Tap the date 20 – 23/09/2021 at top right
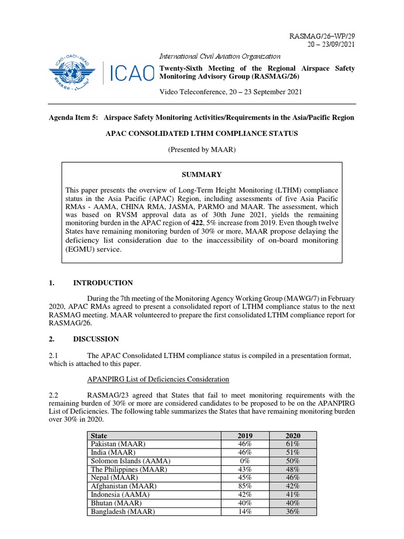click(330, 45)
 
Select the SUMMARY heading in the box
click(203, 175)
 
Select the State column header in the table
click(99, 436)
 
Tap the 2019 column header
click(245, 436)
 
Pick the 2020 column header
click(292, 436)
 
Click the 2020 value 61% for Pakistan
click(292, 444)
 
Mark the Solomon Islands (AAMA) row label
click(131, 461)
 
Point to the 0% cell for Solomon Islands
click(245, 461)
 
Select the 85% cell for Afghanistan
click(245, 486)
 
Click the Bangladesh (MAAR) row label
click(123, 512)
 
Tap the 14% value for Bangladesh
click(245, 512)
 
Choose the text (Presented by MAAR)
click(202, 150)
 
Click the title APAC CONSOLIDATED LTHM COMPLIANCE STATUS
click(202, 134)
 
